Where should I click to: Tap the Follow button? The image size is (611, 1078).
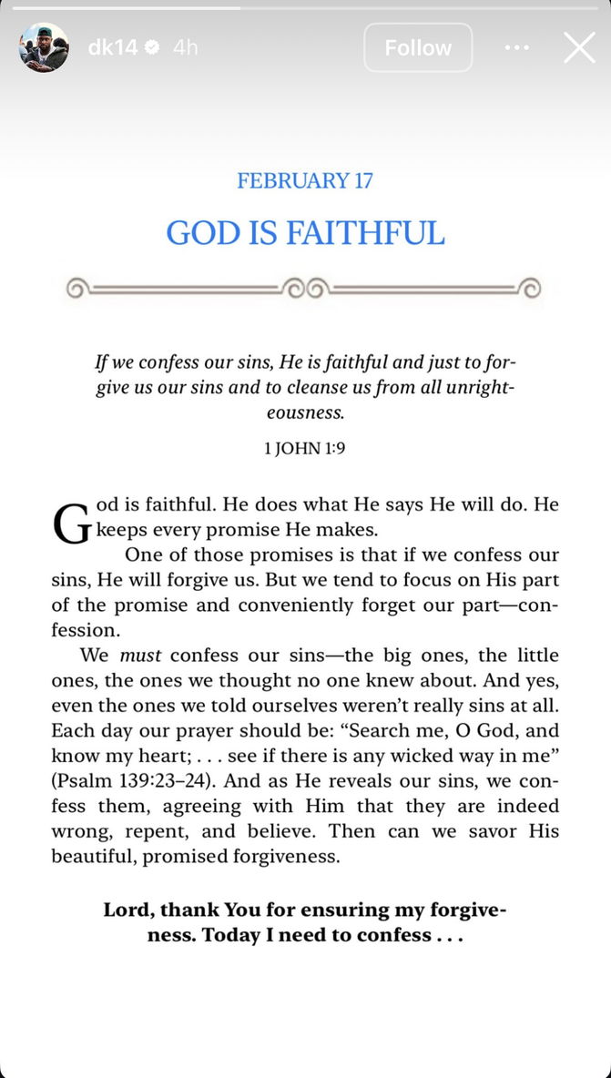tap(418, 47)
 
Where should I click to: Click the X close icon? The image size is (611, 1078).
tap(579, 47)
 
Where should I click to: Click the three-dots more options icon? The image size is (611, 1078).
tap(516, 47)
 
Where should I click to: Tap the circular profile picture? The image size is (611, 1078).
tap(44, 47)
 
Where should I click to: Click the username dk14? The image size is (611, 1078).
tap(113, 47)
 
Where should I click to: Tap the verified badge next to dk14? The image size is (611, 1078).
tap(152, 47)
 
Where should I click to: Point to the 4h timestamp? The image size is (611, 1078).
tap(185, 47)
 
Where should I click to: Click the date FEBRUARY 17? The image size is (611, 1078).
tap(305, 180)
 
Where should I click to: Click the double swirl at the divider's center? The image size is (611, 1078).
tap(305, 290)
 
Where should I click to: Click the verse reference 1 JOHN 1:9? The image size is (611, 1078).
tap(305, 447)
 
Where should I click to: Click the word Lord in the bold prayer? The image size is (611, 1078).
tap(127, 910)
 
